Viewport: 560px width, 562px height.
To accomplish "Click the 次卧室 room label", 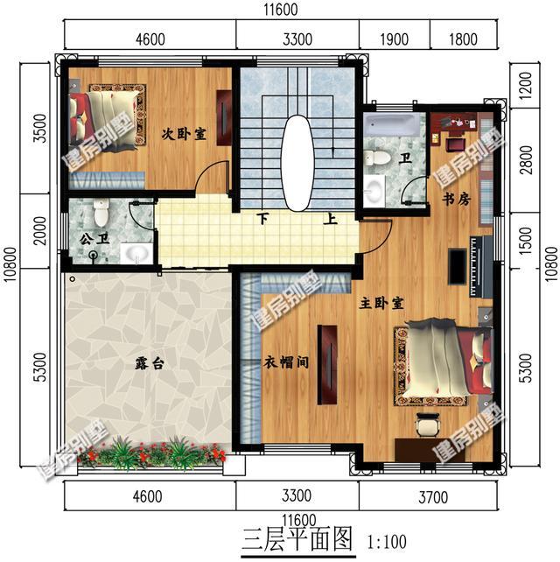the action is pos(184,135).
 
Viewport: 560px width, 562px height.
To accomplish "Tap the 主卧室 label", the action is pos(381,304).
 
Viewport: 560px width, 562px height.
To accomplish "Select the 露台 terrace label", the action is pos(150,363).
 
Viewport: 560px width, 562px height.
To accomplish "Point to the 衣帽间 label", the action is pos(286,362).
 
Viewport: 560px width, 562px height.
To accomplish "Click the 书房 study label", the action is pos(456,199).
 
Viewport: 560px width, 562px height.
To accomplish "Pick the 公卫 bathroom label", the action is pos(94,239).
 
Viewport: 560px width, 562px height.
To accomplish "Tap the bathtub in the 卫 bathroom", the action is pos(392,124).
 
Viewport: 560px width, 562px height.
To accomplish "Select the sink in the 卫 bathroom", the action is pos(374,190).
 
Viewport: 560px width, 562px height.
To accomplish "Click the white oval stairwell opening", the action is pos(297,163).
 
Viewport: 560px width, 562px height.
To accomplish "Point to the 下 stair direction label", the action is pos(263,218).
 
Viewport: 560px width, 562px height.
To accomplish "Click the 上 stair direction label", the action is pos(331,218).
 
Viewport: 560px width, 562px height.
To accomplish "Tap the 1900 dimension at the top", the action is pos(394,39).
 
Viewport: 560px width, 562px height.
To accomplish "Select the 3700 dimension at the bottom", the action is pos(433,497).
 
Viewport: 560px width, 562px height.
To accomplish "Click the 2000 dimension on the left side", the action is pos(40,231).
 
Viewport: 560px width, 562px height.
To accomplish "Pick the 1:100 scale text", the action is pos(387,542).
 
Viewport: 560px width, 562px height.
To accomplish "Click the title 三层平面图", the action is pos(297,539).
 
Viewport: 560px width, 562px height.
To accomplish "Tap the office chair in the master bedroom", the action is pos(427,425).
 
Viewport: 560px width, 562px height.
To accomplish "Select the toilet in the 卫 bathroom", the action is pos(377,158).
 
